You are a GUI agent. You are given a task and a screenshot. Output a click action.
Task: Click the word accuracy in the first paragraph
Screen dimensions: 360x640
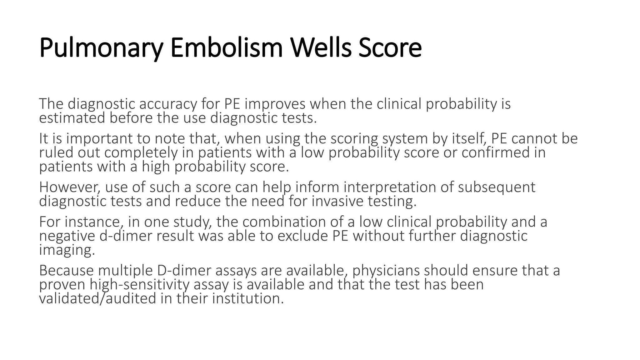(x=168, y=104)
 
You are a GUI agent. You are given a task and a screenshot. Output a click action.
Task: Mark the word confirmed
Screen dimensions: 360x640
(x=503, y=152)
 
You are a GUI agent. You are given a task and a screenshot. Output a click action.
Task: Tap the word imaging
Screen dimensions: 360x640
(x=67, y=250)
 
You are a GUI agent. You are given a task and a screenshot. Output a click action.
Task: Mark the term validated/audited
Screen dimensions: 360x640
(x=97, y=299)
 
